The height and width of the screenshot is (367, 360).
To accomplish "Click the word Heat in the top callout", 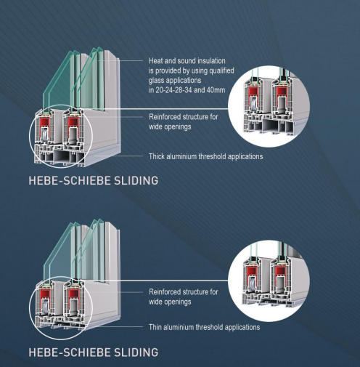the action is coord(155,60).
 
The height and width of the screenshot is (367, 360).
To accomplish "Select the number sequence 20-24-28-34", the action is coord(173,90).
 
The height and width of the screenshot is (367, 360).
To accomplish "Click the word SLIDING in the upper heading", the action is coord(136,181).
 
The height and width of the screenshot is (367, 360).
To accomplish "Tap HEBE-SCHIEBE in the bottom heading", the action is coord(70,352).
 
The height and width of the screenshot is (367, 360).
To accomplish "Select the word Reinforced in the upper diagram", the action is coord(165,117).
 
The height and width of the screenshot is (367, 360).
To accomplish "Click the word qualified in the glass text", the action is coord(221,70).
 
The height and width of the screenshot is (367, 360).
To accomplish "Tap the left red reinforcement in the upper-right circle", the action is coord(253,92).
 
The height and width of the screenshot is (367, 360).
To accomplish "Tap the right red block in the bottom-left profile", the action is coord(73,294).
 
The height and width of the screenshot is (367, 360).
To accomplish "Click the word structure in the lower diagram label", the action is coord(195,291).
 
